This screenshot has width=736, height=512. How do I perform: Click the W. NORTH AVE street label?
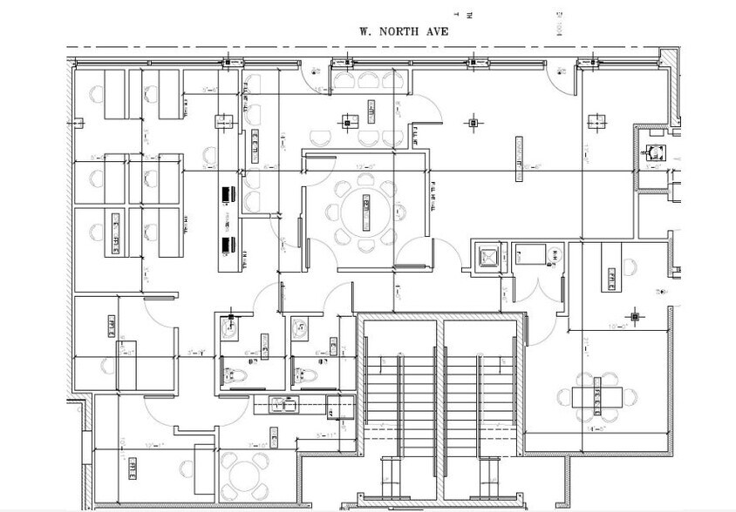(404, 30)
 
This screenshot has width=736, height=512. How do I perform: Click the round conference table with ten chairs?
(365, 211)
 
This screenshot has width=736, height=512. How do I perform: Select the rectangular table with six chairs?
(597, 397)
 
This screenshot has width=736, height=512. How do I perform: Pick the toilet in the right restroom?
(304, 374)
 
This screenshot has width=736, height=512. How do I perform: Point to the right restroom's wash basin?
(300, 328)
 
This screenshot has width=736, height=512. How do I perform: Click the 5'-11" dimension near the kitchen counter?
(326, 434)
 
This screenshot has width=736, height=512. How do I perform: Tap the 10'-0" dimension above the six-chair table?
(595, 327)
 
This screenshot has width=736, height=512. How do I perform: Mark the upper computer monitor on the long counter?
(229, 192)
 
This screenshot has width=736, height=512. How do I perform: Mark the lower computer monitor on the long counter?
(229, 246)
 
